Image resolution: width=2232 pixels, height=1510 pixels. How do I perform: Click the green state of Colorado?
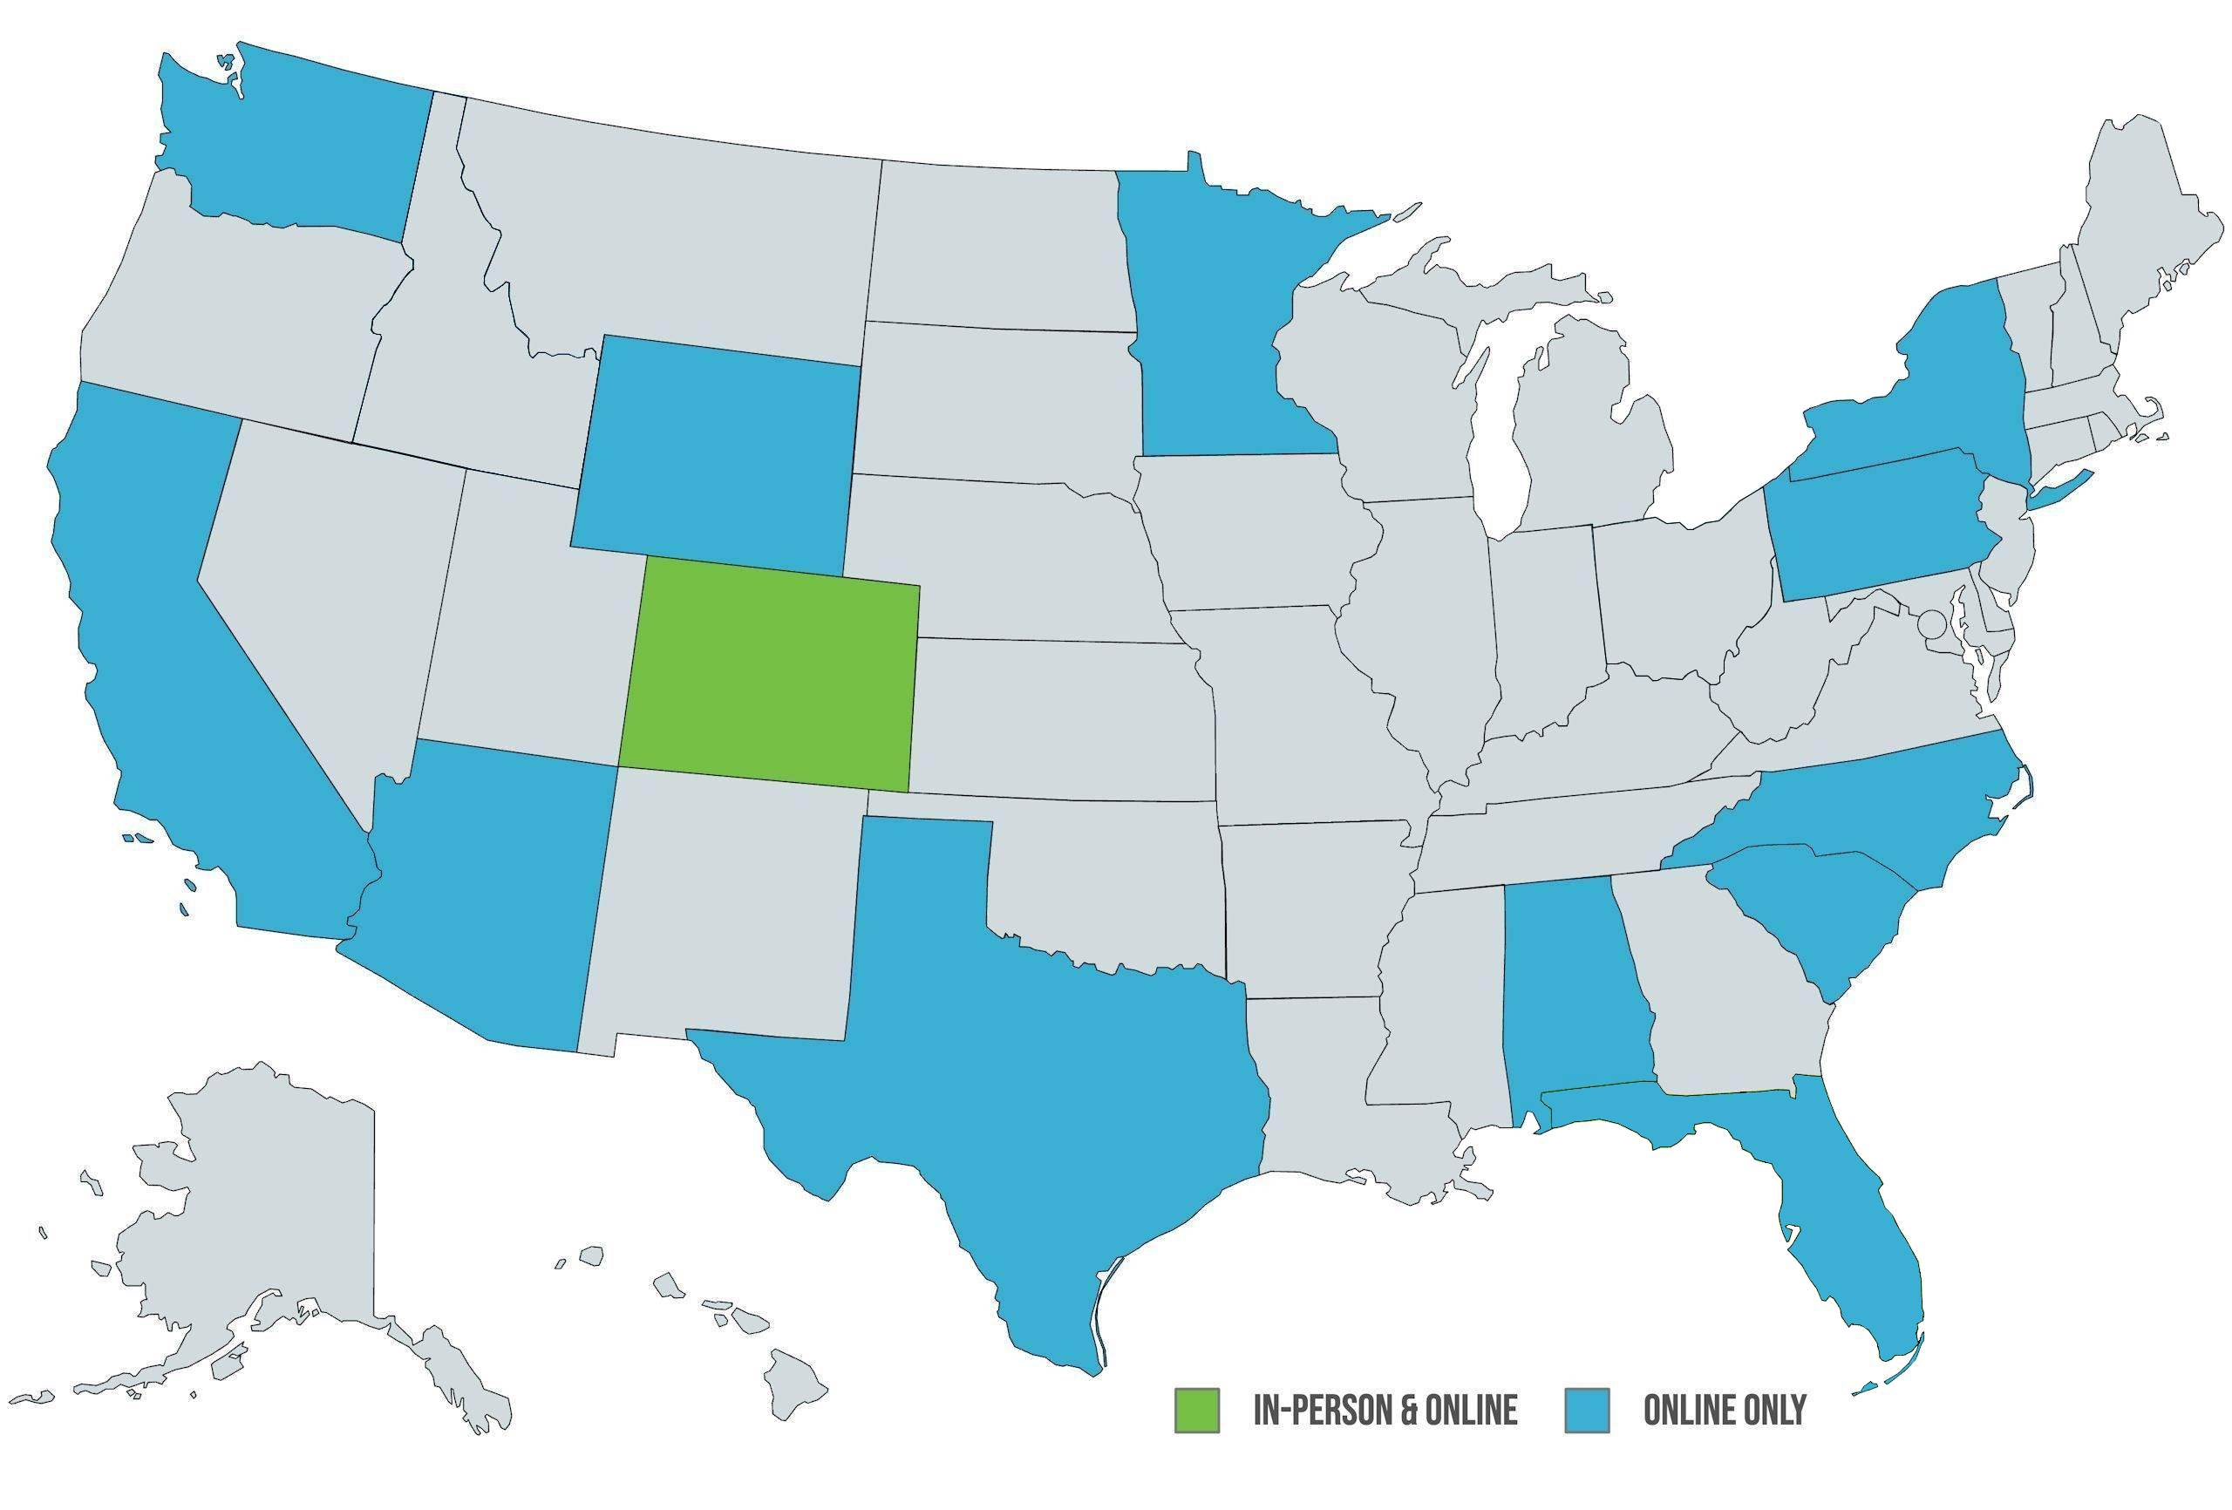pos(768,672)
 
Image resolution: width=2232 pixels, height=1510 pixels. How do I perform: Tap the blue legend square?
pos(1587,1409)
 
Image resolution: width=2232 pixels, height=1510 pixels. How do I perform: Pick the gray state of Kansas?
pos(1057,720)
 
